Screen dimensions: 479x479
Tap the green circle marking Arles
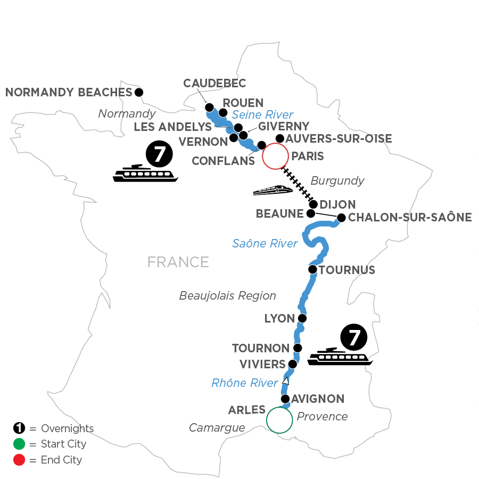click(279, 420)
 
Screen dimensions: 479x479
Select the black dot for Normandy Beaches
click(139, 92)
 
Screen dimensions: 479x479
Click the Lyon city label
click(279, 318)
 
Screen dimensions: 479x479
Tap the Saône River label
click(265, 244)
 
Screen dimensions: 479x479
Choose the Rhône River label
click(244, 383)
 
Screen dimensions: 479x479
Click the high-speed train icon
click(273, 189)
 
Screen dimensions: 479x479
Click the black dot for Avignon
click(285, 399)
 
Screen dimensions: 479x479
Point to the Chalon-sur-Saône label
click(410, 217)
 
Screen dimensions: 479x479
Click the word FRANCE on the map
click(178, 262)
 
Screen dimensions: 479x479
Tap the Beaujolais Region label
click(228, 295)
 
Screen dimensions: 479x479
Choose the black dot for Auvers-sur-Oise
click(279, 138)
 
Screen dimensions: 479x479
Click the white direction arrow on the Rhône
click(286, 381)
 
